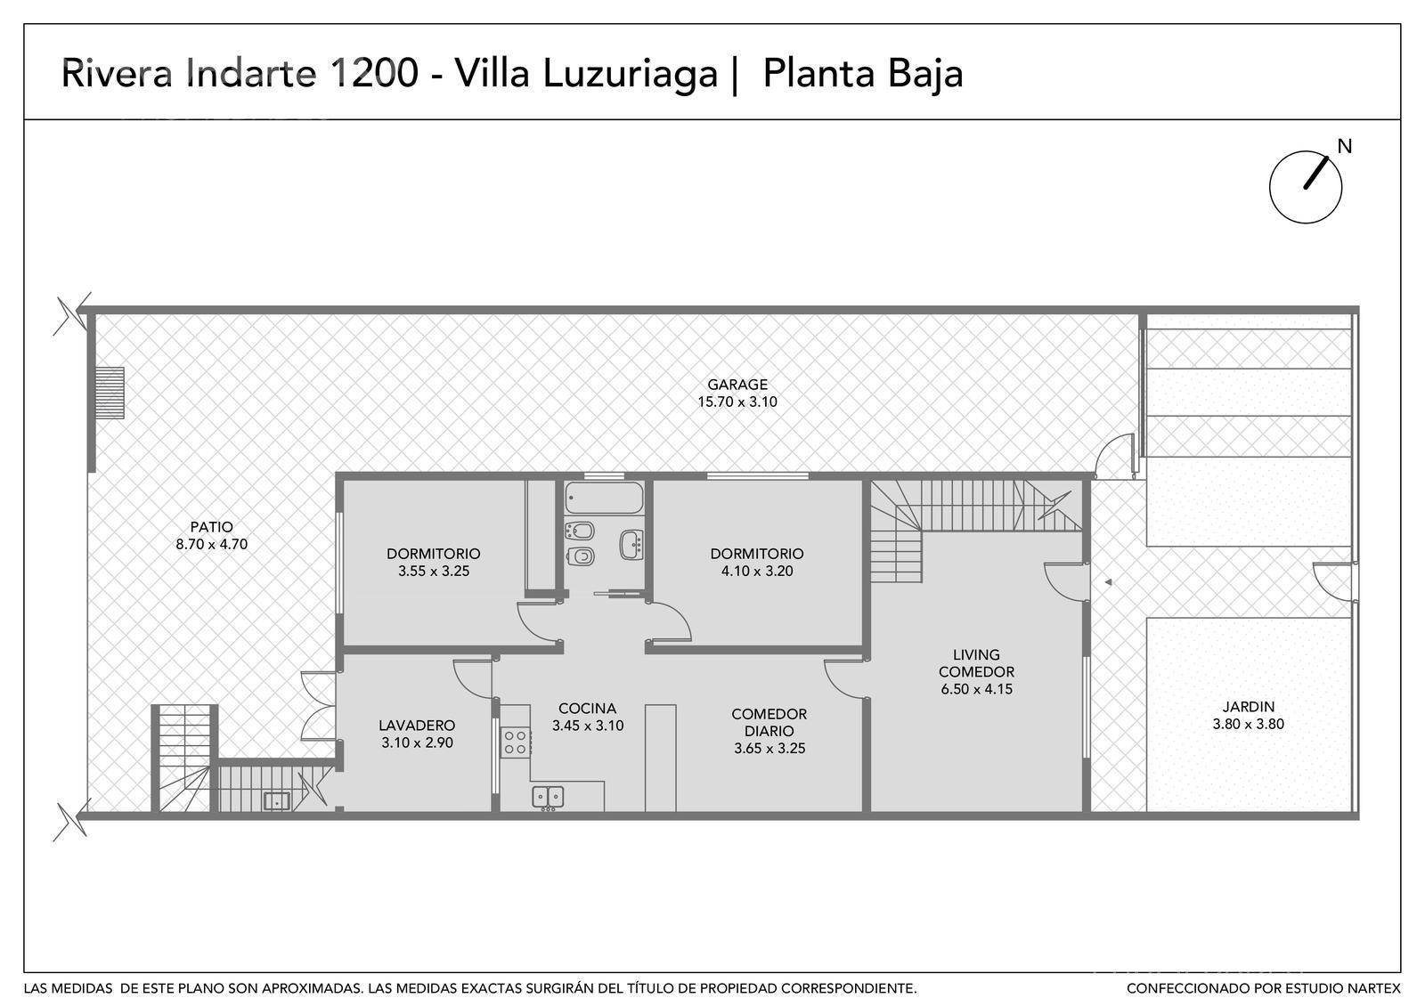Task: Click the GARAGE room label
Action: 737,384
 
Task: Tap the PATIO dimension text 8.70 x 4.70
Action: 212,544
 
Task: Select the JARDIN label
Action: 1248,707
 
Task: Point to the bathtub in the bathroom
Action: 604,498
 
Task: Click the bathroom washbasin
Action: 631,544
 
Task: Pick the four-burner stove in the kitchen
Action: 516,742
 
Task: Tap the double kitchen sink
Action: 548,798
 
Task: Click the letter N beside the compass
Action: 1344,147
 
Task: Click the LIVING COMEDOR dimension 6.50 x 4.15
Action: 976,689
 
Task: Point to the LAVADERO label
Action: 417,725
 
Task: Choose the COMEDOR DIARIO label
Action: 769,722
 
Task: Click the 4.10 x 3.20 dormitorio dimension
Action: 757,571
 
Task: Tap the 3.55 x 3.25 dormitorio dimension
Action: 434,571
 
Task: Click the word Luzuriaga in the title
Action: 630,75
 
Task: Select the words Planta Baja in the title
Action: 863,75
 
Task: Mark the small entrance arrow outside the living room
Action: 1108,582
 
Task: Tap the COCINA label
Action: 587,708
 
